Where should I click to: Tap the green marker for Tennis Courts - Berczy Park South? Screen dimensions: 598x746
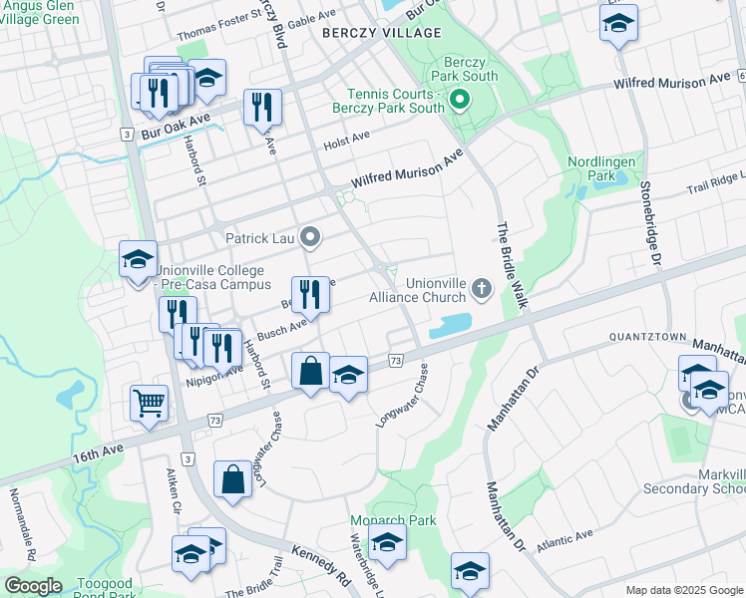(459, 99)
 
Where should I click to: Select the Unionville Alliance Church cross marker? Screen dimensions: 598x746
(482, 289)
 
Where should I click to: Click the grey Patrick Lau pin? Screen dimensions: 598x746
(310, 237)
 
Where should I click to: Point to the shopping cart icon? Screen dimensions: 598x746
(149, 404)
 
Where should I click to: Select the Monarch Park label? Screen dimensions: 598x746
(379, 520)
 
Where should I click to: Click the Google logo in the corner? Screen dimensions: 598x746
(32, 586)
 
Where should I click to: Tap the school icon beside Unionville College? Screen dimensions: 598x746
(138, 261)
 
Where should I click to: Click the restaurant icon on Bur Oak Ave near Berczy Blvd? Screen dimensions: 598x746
(262, 108)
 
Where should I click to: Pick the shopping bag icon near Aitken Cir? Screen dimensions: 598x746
(231, 479)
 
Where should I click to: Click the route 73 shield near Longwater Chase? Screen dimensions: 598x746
(396, 360)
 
